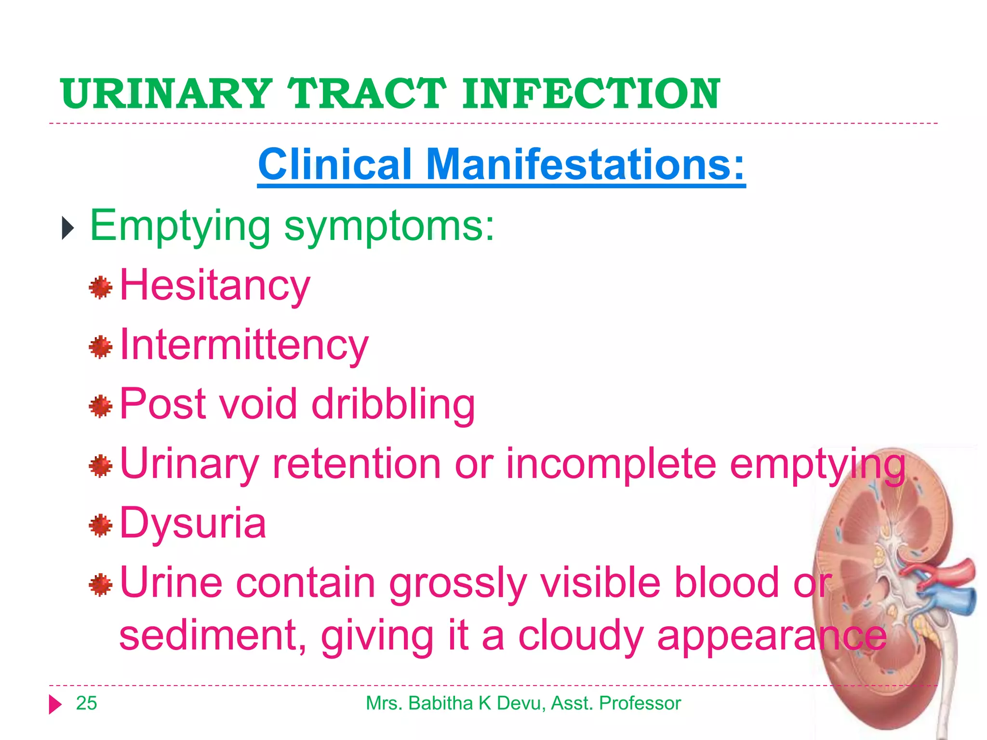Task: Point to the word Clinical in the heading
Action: (335, 165)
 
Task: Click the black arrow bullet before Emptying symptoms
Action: (68, 228)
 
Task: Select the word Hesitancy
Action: (215, 286)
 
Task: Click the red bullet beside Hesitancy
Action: (101, 288)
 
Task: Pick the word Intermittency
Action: (244, 345)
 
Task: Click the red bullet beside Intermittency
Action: (101, 347)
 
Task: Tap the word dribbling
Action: (393, 405)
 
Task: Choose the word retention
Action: (357, 464)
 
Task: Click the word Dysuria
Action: (193, 524)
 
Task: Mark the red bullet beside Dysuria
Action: (101, 525)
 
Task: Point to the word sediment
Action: (213, 636)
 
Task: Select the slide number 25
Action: (87, 703)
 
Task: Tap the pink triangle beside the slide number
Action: (55, 704)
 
